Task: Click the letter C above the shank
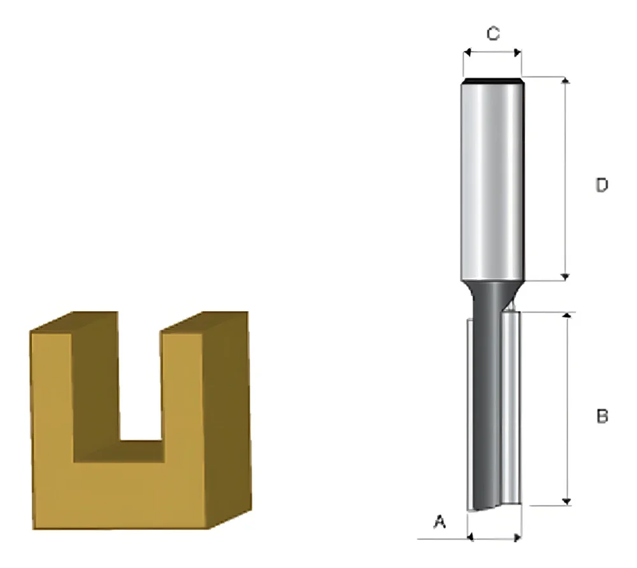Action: tap(492, 34)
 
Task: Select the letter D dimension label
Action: tap(601, 186)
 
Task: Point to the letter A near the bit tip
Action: tap(439, 523)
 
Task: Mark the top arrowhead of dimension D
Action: tap(565, 80)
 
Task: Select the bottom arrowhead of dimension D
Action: tap(565, 276)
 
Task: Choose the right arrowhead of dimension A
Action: tap(518, 538)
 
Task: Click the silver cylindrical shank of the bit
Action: tap(492, 178)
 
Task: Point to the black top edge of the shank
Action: tap(492, 80)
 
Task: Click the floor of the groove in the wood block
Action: tap(140, 450)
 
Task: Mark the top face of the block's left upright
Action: tap(75, 321)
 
